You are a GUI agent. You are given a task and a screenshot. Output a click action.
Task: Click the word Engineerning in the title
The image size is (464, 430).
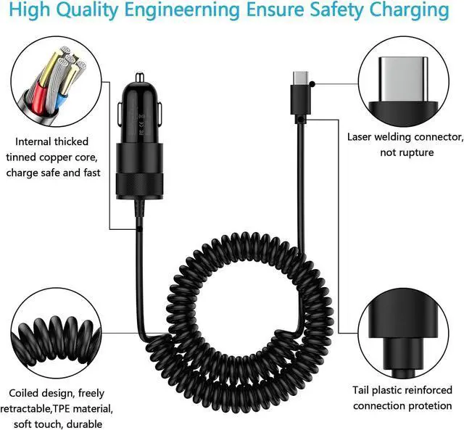[182, 11]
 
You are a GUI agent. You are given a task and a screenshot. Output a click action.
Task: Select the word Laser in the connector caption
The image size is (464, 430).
[362, 136]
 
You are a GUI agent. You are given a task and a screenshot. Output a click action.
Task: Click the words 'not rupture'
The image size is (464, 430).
[407, 152]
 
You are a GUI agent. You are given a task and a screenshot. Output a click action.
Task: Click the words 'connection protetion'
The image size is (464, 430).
[402, 405]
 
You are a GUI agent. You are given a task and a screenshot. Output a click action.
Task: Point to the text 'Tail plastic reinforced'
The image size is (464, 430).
[402, 389]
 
